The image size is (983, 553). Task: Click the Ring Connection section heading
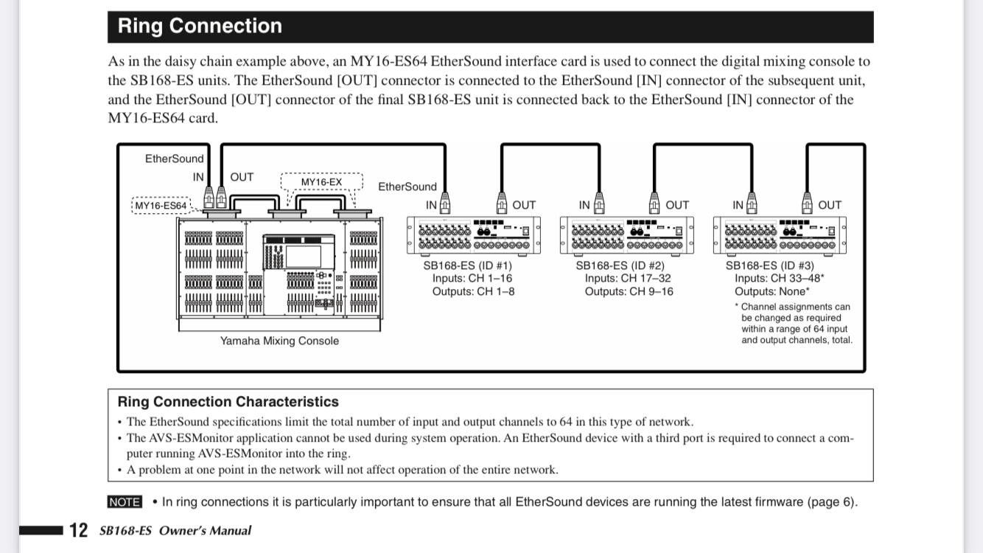(x=200, y=26)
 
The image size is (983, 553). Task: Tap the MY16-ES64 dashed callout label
(x=161, y=206)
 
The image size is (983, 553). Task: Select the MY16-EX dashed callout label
(x=321, y=182)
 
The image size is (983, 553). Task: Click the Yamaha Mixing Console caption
(x=279, y=341)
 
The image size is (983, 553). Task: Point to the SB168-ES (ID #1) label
(x=467, y=265)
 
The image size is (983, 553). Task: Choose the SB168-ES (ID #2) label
(x=620, y=265)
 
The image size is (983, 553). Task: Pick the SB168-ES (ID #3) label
(x=770, y=265)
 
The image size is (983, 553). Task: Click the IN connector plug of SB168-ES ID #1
(x=445, y=203)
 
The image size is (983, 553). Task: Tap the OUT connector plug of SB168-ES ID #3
(x=807, y=203)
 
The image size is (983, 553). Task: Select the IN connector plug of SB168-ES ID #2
(x=599, y=203)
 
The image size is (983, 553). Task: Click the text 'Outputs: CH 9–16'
(x=629, y=292)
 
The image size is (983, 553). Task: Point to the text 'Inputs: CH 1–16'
(x=472, y=278)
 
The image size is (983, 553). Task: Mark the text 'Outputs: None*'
(x=772, y=292)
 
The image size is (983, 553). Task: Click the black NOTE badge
(x=125, y=501)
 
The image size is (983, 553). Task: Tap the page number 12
(x=79, y=530)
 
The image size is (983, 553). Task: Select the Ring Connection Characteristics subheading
(x=228, y=401)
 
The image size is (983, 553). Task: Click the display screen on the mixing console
(x=304, y=257)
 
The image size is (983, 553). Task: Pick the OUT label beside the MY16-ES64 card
(x=242, y=177)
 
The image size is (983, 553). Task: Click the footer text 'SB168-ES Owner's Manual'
(x=175, y=531)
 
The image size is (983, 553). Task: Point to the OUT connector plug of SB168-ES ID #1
(x=502, y=203)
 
